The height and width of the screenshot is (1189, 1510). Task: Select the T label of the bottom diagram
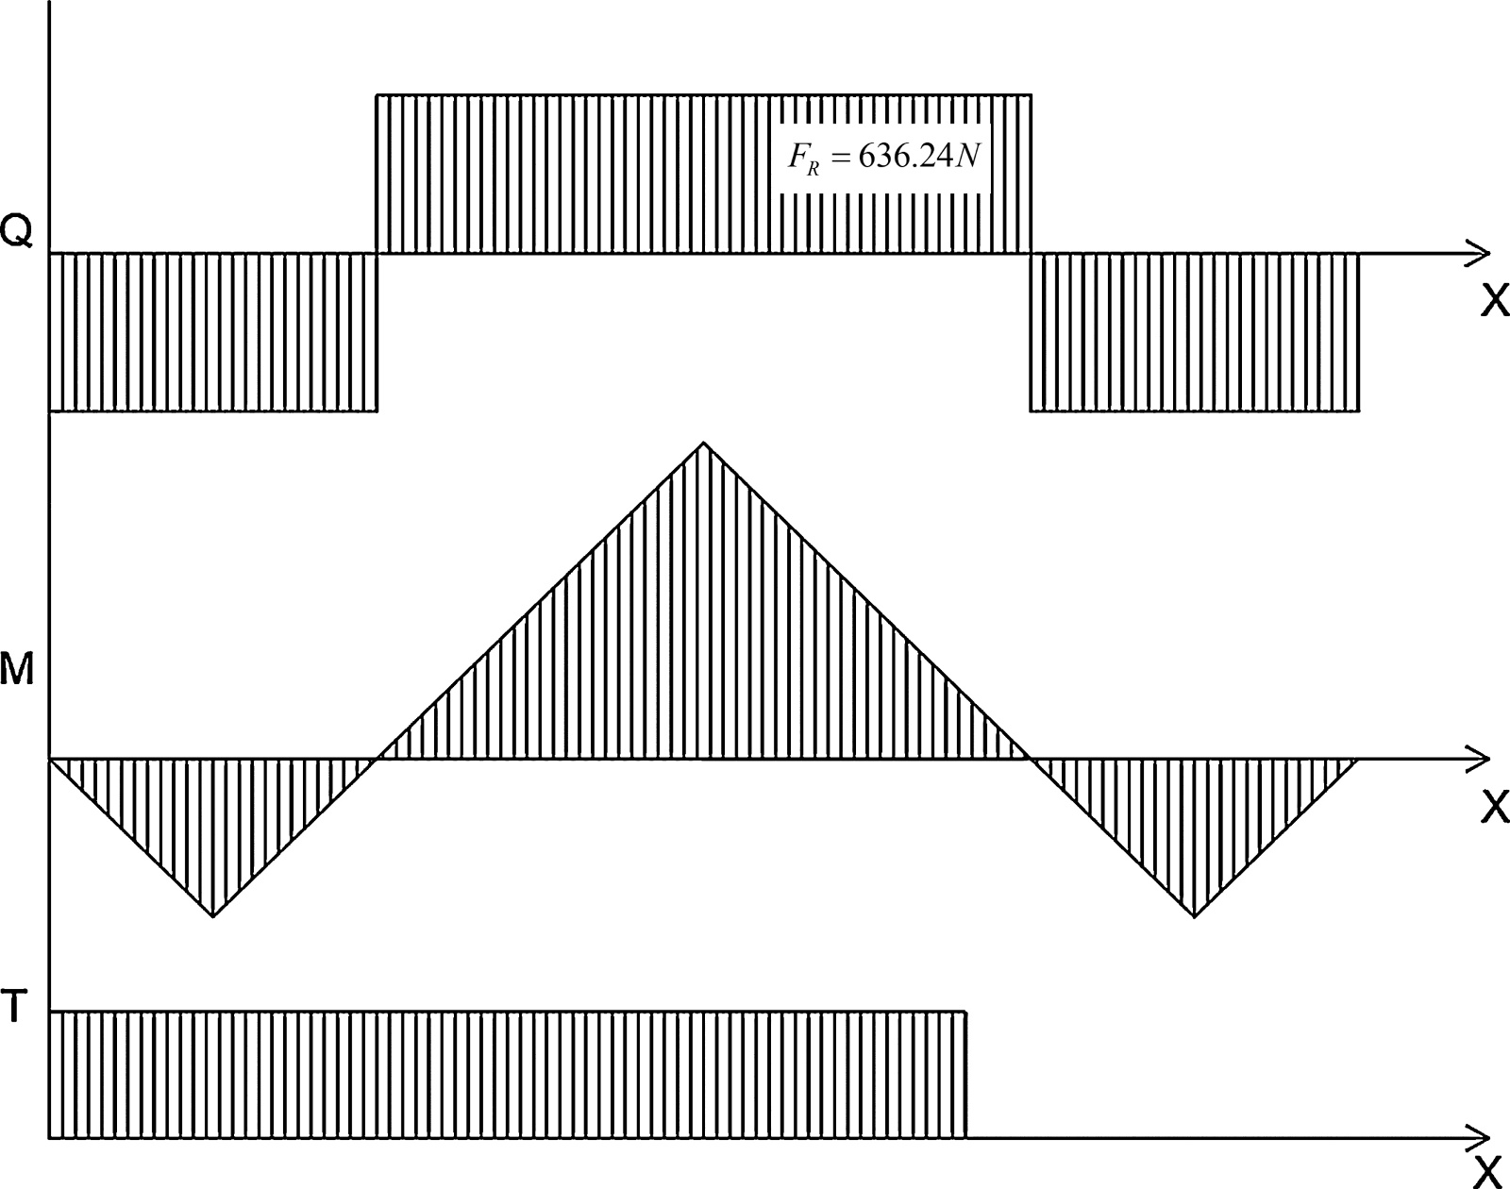click(13, 1007)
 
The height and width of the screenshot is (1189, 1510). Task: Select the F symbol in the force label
click(797, 156)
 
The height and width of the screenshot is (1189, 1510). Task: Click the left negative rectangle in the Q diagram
click(213, 332)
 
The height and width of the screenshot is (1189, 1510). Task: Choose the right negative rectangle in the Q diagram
click(1194, 332)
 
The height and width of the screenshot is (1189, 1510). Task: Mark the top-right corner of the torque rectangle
click(966, 1012)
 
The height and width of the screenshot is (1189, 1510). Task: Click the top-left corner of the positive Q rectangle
click(377, 95)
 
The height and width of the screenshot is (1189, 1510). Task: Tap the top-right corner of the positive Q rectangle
click(1030, 95)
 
